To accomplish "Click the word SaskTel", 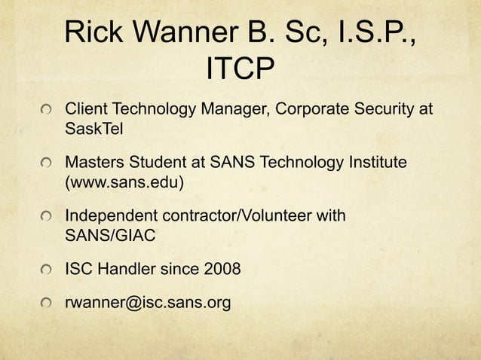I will (x=93, y=128).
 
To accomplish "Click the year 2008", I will (x=221, y=269).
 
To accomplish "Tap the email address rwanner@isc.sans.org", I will (x=148, y=303).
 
